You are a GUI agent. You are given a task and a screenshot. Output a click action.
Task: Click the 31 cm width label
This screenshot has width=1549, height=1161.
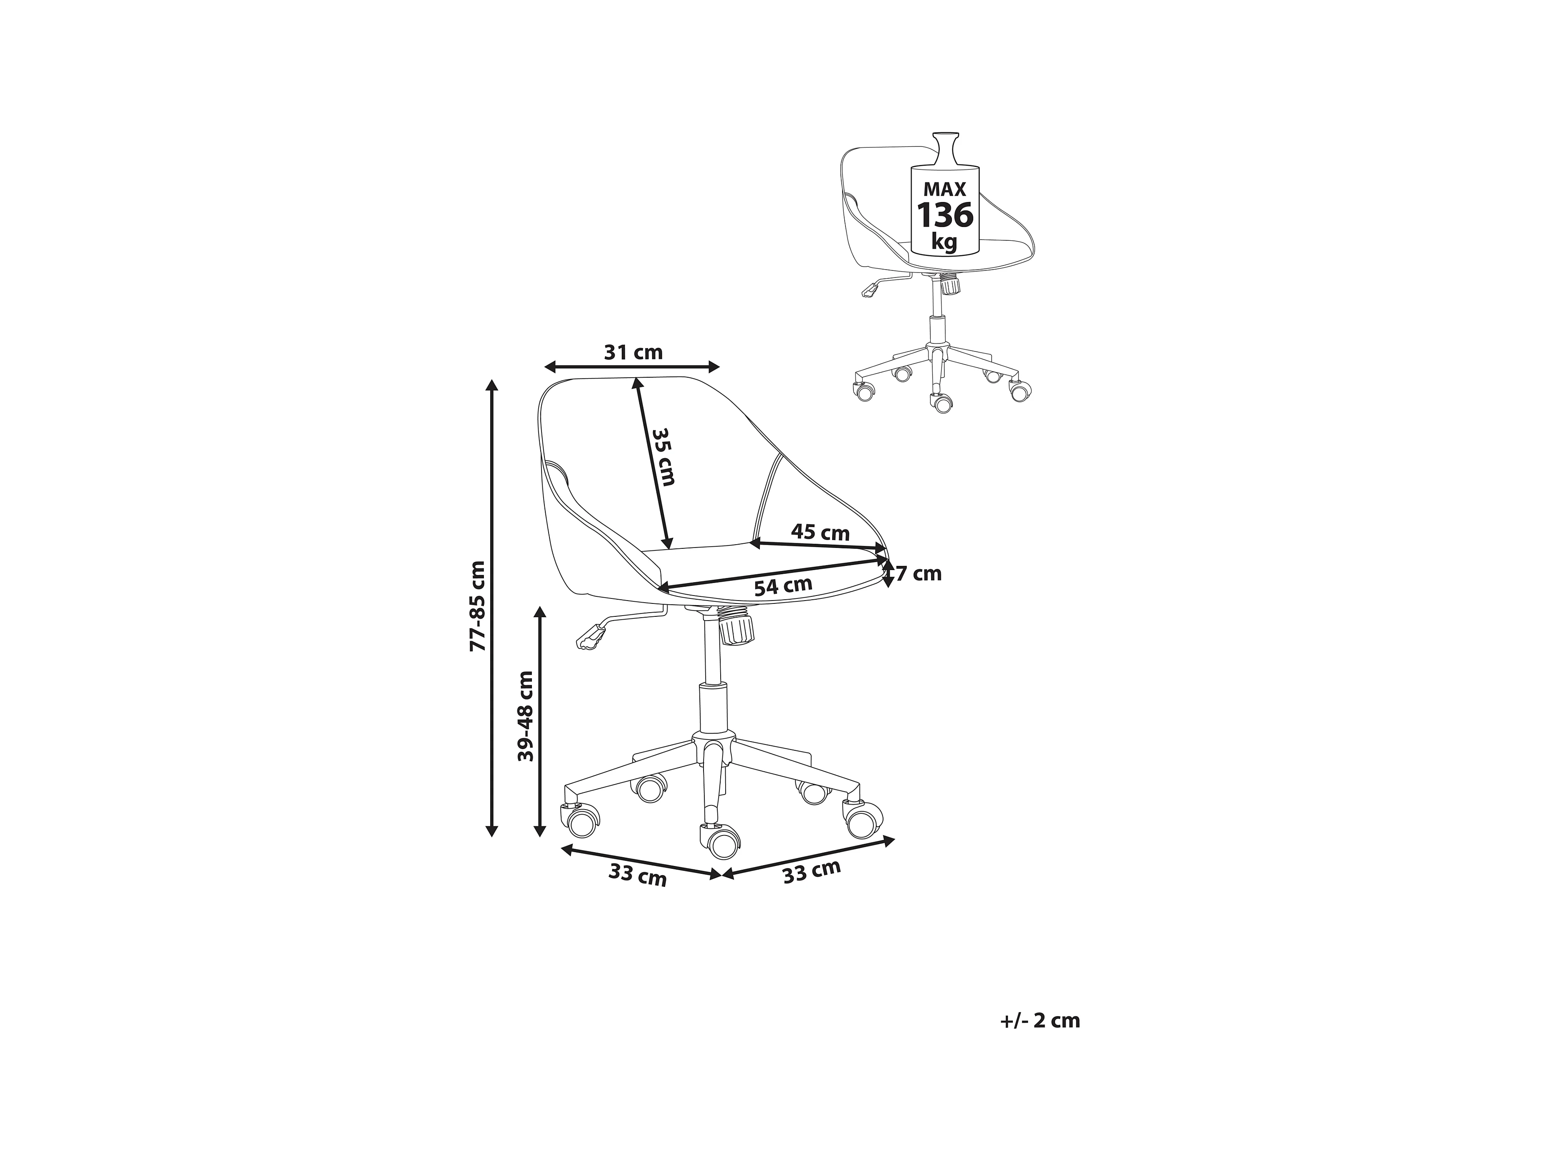(633, 352)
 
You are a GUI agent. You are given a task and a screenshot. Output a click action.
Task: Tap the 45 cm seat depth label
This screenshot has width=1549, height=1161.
(820, 533)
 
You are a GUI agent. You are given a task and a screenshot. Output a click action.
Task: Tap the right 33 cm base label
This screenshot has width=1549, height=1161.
(812, 872)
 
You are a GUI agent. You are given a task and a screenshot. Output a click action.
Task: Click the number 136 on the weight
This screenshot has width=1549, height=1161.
(945, 215)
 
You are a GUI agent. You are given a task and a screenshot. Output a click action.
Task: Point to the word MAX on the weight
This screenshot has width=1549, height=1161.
(945, 189)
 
